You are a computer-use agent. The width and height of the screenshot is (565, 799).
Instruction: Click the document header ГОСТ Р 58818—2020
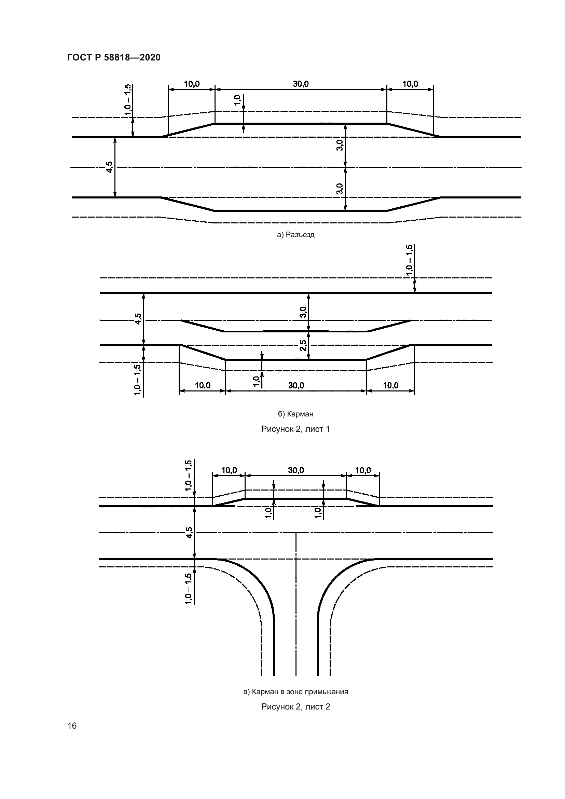[114, 57]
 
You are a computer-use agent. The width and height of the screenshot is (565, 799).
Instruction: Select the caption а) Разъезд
[296, 235]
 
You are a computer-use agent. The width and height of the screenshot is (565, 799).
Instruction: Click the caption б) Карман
[296, 414]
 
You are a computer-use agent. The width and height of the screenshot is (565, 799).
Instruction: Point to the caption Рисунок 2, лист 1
[296, 429]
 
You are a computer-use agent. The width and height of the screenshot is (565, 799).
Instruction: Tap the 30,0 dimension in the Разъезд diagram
[301, 84]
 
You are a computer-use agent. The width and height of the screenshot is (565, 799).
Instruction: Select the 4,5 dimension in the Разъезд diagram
[110, 167]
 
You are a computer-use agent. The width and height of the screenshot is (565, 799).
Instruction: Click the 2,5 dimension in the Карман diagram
[303, 345]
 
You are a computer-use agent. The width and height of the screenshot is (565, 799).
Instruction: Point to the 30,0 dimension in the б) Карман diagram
[296, 385]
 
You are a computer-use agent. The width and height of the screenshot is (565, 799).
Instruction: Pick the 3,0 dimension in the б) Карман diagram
[303, 312]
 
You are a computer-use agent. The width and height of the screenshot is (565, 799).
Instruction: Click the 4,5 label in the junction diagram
[189, 532]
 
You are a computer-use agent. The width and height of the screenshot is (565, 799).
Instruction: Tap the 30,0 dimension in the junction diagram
[296, 470]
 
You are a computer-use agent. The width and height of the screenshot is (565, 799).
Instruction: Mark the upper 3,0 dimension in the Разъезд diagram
[340, 144]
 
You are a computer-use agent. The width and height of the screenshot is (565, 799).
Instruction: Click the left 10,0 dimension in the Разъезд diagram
[192, 84]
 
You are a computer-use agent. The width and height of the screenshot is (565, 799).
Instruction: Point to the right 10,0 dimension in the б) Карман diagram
[391, 385]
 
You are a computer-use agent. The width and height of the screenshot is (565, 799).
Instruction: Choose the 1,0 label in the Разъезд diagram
[238, 100]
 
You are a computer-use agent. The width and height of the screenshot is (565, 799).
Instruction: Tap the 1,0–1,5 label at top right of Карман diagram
[410, 260]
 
